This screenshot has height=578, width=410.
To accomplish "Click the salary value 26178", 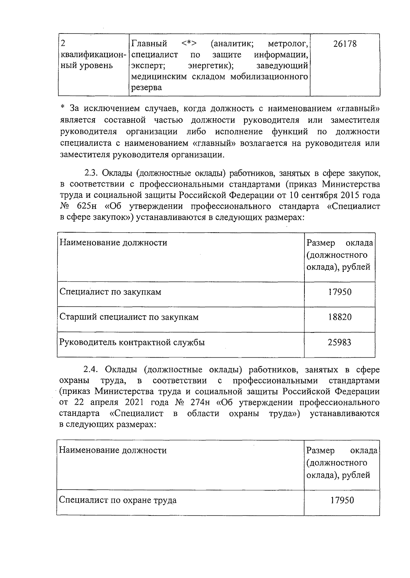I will [x=344, y=44].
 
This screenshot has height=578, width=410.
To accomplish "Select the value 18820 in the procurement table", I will [x=340, y=317].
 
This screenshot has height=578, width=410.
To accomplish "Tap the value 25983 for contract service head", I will [x=340, y=342].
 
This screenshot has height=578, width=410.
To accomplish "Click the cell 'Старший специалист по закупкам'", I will [x=129, y=317].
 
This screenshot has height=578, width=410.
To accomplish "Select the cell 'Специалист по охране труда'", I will [x=118, y=500].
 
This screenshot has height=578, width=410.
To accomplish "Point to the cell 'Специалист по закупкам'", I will [x=110, y=292].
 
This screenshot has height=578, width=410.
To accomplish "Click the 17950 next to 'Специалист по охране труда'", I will [x=342, y=500].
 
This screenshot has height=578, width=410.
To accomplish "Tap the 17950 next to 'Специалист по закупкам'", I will [x=340, y=292].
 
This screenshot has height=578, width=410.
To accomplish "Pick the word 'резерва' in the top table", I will [x=147, y=87].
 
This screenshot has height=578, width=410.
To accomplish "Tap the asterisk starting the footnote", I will [x=62, y=109].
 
